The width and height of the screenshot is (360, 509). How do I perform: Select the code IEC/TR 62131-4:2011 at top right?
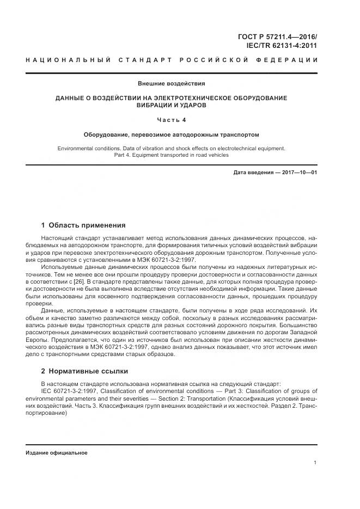click(x=285, y=46)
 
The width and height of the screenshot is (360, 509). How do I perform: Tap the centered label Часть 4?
click(x=171, y=119)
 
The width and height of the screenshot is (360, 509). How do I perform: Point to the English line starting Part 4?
click(x=171, y=155)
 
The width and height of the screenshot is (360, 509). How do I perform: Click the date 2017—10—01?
click(x=299, y=173)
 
